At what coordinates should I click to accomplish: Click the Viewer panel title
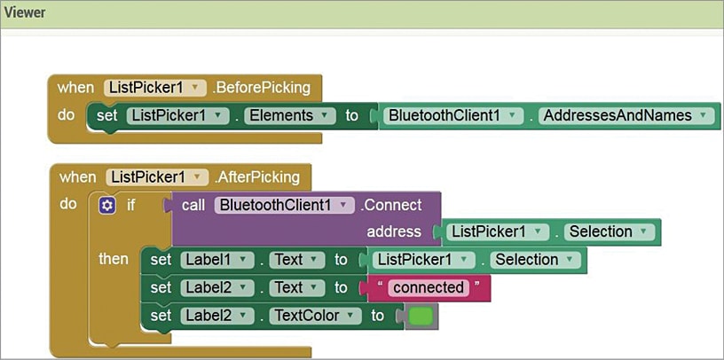pos(25,13)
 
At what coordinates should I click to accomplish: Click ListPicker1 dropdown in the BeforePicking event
pos(155,87)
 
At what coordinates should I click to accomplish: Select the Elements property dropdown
pos(290,115)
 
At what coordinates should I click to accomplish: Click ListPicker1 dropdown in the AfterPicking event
pos(157,176)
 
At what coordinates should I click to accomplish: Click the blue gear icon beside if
pos(107,205)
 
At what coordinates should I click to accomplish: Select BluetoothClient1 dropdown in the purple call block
pos(284,205)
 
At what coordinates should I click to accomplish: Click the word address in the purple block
pos(393,231)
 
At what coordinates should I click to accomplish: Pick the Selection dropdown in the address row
pos(610,231)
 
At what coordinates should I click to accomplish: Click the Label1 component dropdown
pos(216,260)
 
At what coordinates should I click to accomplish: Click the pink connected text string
pos(428,287)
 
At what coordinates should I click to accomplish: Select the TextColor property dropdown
pos(315,316)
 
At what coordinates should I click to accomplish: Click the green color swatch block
pos(421,316)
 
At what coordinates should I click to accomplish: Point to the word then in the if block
pos(113,259)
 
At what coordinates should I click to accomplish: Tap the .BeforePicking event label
pos(262,87)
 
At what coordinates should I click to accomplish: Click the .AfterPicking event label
pos(256,176)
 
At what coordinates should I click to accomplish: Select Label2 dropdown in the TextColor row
pos(216,316)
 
